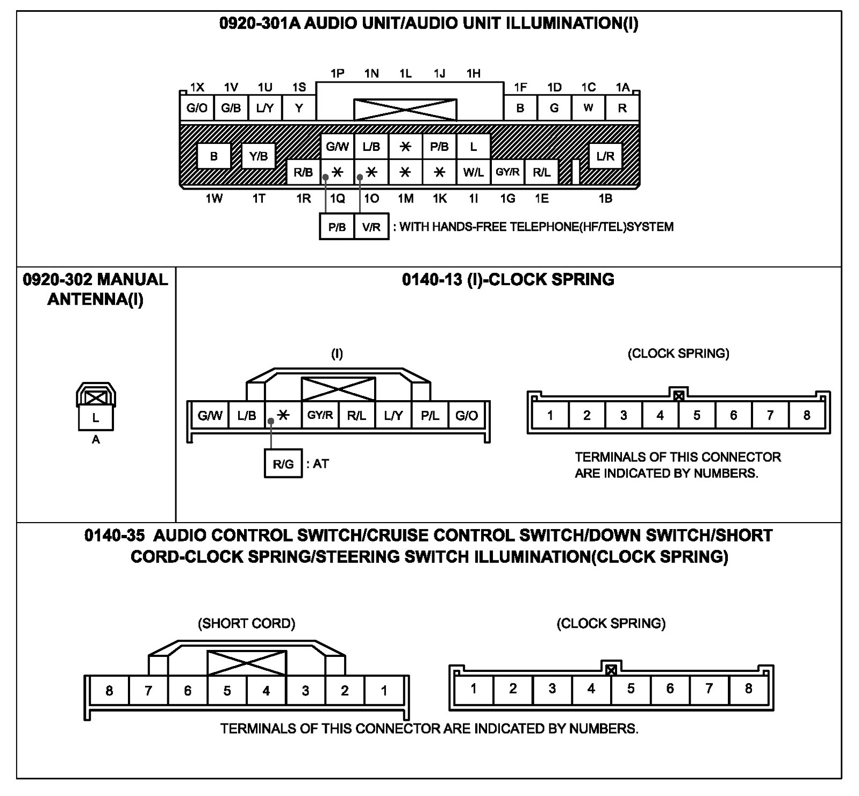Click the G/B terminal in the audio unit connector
coord(231,108)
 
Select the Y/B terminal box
coord(259,156)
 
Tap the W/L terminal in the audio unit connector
coord(473,172)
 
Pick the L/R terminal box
coord(605,156)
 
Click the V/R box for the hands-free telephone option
coord(371,227)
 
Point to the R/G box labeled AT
coord(283,464)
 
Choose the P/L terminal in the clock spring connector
coord(430,415)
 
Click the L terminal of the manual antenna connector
coord(96,418)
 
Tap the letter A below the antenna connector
coord(96,440)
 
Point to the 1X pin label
coord(197,88)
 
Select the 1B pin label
coord(605,199)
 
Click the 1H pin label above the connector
coord(474,74)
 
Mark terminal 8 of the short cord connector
coord(109,691)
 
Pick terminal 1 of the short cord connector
coord(384,691)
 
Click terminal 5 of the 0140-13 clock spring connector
coord(697,415)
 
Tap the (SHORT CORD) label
coord(247,624)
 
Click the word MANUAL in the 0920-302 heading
coord(132,279)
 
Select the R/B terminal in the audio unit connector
coord(303,172)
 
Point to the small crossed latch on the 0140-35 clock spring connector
coord(611,670)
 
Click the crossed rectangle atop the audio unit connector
coord(405,110)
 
